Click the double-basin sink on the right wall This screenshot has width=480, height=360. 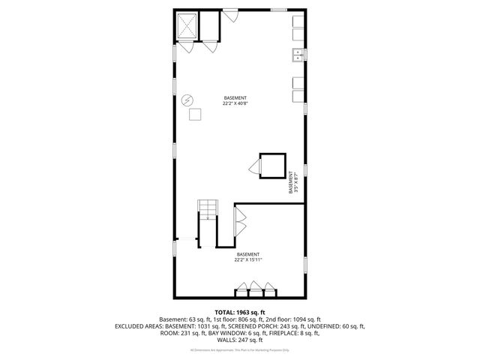point(298,54)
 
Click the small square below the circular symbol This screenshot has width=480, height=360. point(195,114)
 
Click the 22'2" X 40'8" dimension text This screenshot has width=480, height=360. point(235,104)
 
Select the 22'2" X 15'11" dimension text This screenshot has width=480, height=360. point(247,259)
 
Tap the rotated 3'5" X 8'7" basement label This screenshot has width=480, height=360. point(293,182)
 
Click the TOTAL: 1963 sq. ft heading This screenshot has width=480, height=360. point(239,312)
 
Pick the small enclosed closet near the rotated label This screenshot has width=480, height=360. point(272,164)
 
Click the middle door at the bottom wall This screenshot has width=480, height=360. point(255,289)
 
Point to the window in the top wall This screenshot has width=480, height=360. point(281,9)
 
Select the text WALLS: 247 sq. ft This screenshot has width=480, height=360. point(239,340)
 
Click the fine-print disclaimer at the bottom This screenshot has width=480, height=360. point(239,350)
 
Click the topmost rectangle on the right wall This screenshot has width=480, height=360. point(298,22)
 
